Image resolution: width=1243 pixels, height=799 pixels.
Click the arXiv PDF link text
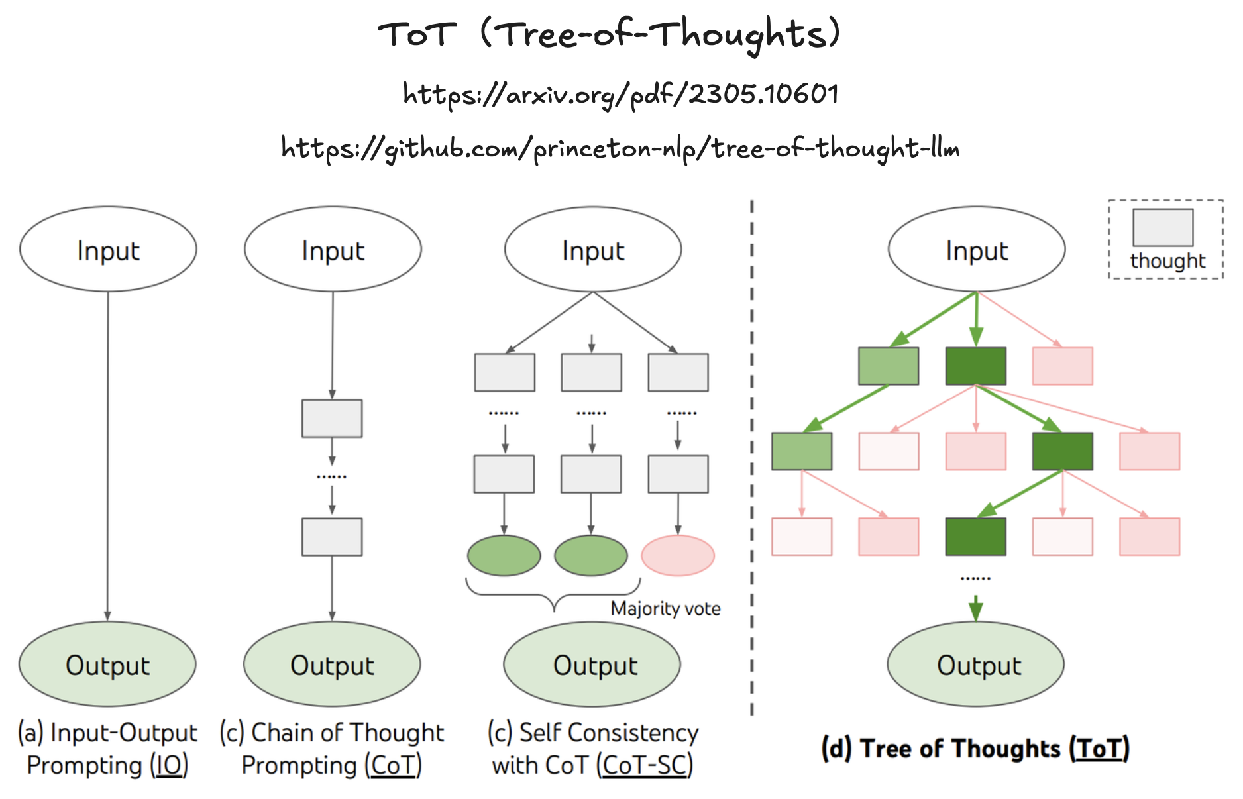(621, 94)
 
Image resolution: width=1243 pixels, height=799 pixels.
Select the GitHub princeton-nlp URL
(620, 148)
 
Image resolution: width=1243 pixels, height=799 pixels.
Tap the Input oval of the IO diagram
(108, 250)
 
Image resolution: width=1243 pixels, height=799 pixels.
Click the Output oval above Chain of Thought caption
(332, 665)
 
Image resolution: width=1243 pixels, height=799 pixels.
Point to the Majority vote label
(665, 608)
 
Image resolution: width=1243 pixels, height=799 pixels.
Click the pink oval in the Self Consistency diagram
(678, 555)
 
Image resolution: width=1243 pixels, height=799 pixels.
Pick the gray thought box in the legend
(1163, 227)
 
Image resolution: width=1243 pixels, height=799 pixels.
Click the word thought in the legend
(1167, 261)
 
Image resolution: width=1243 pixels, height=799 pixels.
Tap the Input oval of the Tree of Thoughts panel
(977, 250)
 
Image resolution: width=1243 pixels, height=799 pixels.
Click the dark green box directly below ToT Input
(976, 366)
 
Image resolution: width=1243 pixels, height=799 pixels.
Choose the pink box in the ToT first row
(1063, 366)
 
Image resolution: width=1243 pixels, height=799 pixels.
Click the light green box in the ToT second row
(802, 451)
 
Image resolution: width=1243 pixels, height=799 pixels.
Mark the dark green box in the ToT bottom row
(976, 537)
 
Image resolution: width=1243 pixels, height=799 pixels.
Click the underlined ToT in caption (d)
(1099, 749)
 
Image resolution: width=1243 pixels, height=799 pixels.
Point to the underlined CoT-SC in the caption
(645, 766)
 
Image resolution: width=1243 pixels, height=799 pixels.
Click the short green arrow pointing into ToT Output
(976, 608)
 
